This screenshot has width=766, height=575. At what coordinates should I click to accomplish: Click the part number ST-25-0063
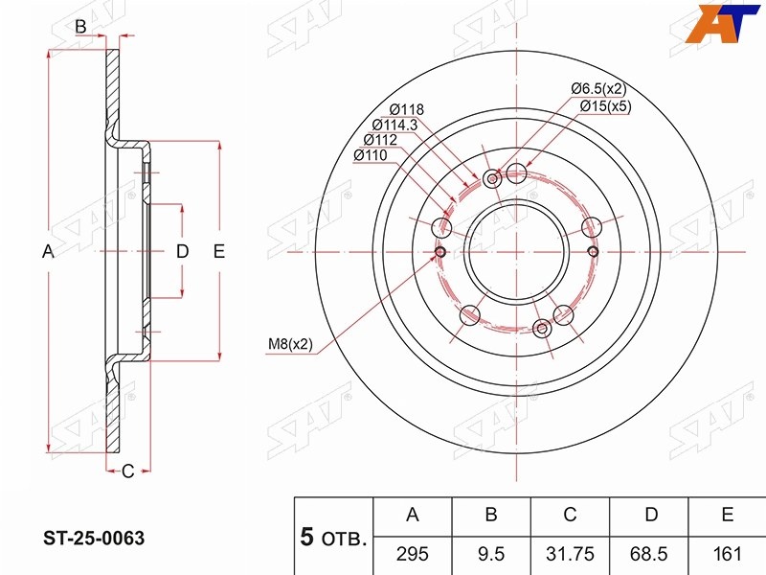(94, 539)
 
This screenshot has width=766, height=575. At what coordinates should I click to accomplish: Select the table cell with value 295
(413, 554)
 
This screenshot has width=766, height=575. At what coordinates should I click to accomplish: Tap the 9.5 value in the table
(491, 554)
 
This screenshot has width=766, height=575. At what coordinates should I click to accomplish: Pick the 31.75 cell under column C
(570, 554)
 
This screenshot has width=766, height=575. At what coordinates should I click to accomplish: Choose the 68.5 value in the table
(649, 554)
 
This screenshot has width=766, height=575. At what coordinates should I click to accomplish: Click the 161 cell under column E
(728, 554)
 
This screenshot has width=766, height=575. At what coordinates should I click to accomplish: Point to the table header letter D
(651, 515)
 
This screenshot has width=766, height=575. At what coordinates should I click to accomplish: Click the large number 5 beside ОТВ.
(306, 537)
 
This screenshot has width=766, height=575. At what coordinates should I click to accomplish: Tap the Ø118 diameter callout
(406, 109)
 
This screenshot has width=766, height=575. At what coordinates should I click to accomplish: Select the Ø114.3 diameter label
(394, 125)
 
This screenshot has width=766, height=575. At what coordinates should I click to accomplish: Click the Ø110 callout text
(371, 155)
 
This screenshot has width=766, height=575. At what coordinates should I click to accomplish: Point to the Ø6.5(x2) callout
(598, 88)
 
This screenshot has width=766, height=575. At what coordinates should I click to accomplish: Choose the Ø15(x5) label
(606, 106)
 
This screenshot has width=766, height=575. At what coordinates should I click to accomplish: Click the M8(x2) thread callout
(290, 344)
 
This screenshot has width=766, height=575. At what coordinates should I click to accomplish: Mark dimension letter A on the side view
(48, 251)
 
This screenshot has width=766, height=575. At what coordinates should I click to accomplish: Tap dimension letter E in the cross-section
(219, 251)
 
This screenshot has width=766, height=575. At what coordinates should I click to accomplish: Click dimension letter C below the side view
(127, 471)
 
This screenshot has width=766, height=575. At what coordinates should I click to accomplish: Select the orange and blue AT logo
(722, 23)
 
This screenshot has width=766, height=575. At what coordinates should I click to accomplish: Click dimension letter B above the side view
(80, 27)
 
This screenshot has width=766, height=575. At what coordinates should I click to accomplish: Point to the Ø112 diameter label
(380, 140)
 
